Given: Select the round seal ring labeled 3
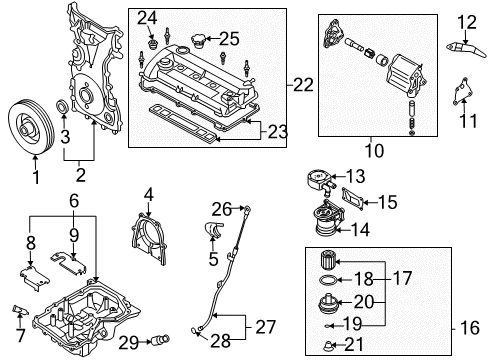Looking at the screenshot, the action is pos(62,106).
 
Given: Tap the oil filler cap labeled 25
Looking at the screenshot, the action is pos(197,40).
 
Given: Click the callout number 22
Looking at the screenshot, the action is pos(303,85).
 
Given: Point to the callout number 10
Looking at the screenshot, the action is pos(375,150).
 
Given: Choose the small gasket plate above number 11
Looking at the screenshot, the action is pos(462,91).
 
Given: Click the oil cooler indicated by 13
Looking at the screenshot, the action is pos(321,180).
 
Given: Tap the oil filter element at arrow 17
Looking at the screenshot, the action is pos(329,260).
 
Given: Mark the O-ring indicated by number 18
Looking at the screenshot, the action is pos(328,280).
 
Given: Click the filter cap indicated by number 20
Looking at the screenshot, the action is pos(329,303).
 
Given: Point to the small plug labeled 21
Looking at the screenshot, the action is pos(329,346).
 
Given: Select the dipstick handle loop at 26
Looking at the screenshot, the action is pos(247,209).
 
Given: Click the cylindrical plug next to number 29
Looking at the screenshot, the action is pos(160,340).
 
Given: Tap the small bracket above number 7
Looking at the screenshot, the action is pos(20,310).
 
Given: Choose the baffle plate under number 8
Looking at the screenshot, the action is pos(34,278).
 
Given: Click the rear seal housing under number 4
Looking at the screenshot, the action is pos(149,238).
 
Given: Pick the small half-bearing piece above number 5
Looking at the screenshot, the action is pos(213,230).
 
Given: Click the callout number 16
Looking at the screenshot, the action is pos(470,328).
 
